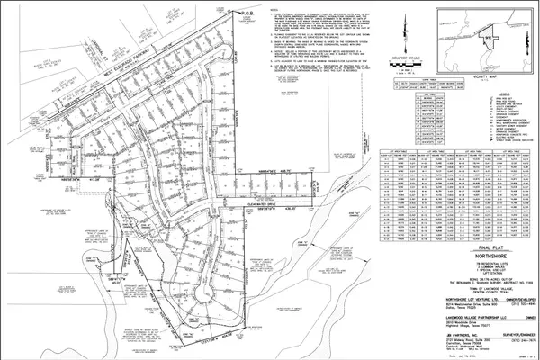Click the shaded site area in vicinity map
point(490,38)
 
